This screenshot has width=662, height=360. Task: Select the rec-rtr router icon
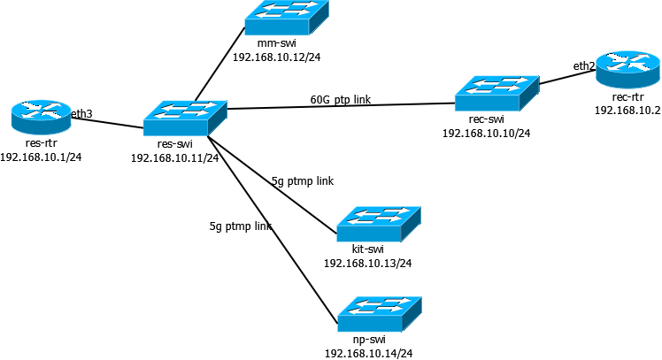point(627,70)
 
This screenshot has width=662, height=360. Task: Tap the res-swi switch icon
point(185,119)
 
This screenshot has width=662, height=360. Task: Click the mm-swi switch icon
point(287,18)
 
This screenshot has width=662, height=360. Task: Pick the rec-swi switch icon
point(496,93)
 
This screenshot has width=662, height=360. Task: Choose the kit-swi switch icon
point(379,224)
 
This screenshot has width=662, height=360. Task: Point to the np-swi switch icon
point(380,314)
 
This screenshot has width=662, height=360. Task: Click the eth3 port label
point(81,113)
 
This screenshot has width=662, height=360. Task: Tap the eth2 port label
point(584,65)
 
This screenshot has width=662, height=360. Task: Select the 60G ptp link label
point(341,100)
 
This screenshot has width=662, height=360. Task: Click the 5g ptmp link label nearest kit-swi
point(303,181)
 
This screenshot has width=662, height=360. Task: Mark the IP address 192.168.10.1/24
point(41,157)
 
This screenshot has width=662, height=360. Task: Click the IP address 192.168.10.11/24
point(174,157)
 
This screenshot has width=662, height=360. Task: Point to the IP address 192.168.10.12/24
point(276,57)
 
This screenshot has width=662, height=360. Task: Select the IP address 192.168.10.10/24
point(487,134)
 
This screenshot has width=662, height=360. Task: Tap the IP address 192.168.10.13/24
point(368,264)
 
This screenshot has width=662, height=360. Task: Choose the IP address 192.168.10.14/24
point(368,354)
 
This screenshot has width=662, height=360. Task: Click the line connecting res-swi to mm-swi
point(220,65)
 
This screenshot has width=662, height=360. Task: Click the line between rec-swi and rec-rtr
point(567,77)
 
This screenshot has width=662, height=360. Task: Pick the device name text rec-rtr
point(627,97)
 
